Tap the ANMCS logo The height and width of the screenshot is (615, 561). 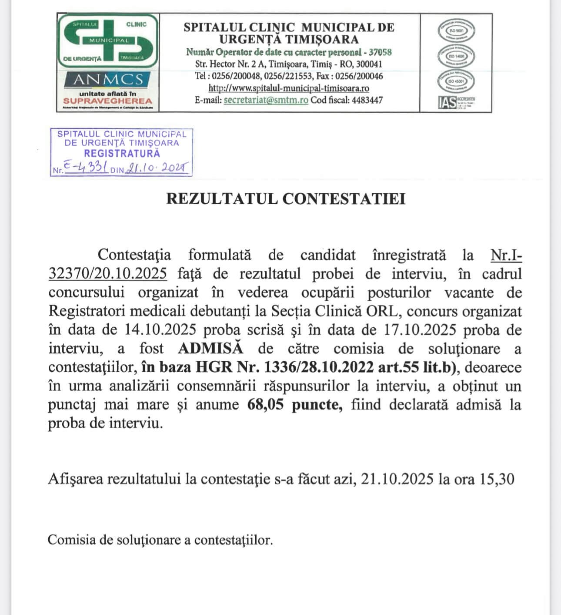click(x=108, y=80)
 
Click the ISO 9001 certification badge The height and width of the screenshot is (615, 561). click(x=456, y=31)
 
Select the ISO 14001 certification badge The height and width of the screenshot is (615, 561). click(x=456, y=56)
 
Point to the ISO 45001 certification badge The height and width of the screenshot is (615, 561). click(x=456, y=81)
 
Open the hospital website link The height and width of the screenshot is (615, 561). click(x=289, y=88)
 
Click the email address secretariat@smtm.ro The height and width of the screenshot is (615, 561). click(x=266, y=100)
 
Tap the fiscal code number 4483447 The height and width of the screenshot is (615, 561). click(x=367, y=100)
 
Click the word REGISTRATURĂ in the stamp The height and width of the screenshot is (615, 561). click(x=122, y=153)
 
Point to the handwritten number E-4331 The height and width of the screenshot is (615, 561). click(x=86, y=167)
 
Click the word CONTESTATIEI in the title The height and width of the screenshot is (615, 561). click(x=344, y=198)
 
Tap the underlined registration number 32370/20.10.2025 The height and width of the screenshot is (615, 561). click(x=107, y=273)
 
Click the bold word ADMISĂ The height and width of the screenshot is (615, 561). click(x=210, y=349)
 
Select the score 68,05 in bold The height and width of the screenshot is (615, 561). click(x=265, y=404)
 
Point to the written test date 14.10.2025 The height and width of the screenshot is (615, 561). click(x=160, y=329)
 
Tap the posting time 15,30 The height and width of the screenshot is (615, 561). click(x=497, y=479)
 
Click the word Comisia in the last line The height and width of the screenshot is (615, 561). click(x=71, y=540)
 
